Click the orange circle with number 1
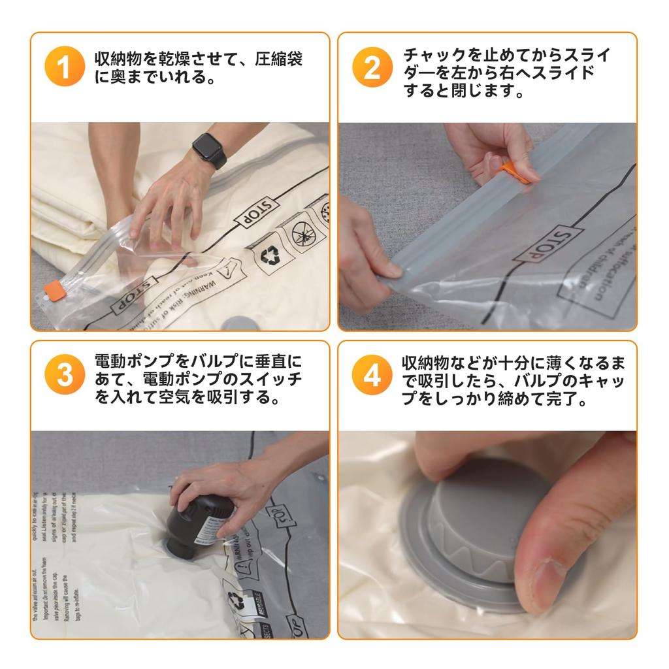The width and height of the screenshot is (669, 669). (x=65, y=67)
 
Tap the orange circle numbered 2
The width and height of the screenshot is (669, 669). (x=372, y=67)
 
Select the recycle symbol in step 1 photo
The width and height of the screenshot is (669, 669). (x=270, y=256)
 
